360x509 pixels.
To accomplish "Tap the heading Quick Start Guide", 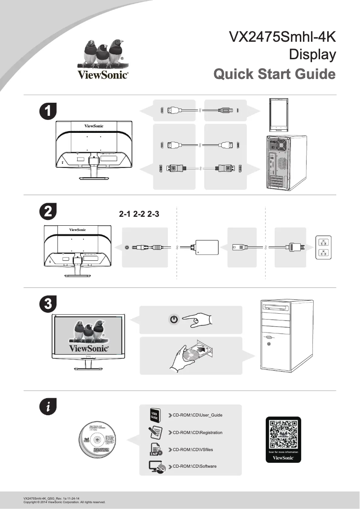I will point(274,74).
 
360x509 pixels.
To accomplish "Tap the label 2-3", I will point(154,215).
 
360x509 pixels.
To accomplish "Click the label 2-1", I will point(125,215).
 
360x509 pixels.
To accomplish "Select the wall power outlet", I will point(322,247).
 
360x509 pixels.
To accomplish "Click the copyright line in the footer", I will point(64,502).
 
